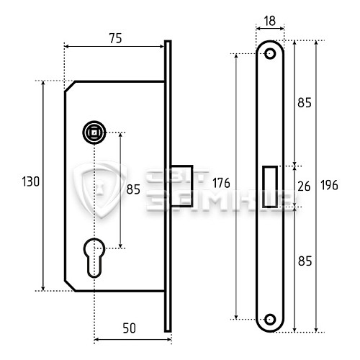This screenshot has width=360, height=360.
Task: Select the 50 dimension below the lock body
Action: pyautogui.click(x=129, y=328)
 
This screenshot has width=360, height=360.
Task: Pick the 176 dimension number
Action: pyautogui.click(x=222, y=184)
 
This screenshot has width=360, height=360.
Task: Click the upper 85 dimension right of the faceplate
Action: pyautogui.click(x=304, y=103)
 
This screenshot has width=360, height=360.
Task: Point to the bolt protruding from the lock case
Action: pyautogui.click(x=182, y=186)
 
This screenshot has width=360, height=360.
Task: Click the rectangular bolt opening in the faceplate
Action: pyautogui.click(x=270, y=186)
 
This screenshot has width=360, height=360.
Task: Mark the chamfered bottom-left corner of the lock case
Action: pyautogui.click(x=71, y=285)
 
